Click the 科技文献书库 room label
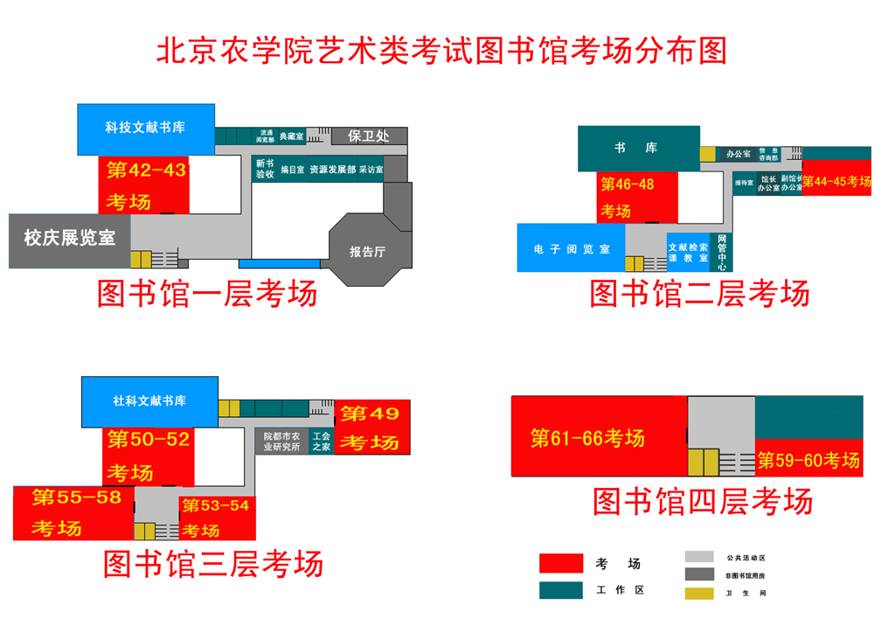[x=145, y=128]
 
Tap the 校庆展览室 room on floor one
[x=69, y=238]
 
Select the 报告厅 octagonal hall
[x=367, y=251]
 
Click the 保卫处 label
[x=367, y=136]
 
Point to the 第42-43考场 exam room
[x=146, y=184]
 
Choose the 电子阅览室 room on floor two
[x=572, y=249]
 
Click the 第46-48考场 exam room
[x=639, y=197]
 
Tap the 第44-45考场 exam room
[x=836, y=181]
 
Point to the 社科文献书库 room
[x=149, y=401]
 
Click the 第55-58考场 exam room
[x=73, y=513]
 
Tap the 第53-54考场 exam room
[x=216, y=518]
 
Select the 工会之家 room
[x=321, y=442]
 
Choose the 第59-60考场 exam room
[x=808, y=459]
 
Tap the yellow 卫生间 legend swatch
[x=698, y=593]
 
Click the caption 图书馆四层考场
[x=703, y=502]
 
